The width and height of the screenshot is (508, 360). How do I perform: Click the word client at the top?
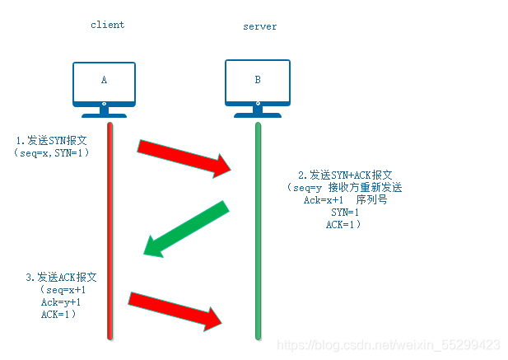click(x=107, y=25)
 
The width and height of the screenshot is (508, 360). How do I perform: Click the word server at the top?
click(x=259, y=26)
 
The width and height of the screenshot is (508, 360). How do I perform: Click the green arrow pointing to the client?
click(x=185, y=227)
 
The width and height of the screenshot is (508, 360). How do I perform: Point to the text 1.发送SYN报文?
click(x=50, y=140)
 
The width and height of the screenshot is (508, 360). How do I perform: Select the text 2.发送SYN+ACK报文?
click(x=345, y=175)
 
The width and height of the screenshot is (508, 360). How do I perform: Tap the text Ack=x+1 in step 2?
click(x=324, y=200)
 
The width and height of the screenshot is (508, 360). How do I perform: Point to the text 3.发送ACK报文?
click(x=62, y=278)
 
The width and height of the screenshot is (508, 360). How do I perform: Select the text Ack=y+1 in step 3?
click(x=61, y=302)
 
